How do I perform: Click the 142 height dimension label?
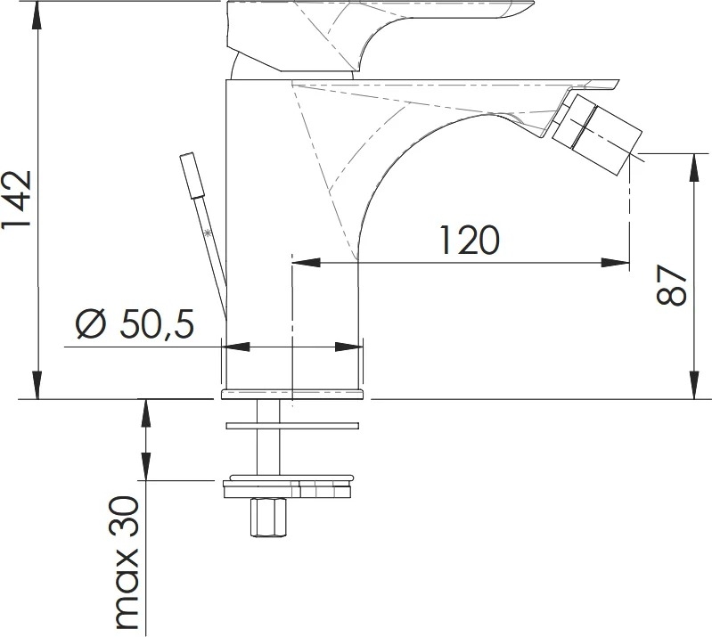(x=16, y=199)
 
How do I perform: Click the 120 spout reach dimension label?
(x=470, y=240)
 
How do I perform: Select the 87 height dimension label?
(x=671, y=285)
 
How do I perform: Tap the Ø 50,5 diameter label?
(x=135, y=323)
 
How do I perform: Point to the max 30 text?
(x=127, y=562)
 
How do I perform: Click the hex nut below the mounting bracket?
(x=268, y=517)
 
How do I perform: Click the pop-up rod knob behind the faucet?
(x=192, y=176)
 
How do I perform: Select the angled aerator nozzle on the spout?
(x=597, y=135)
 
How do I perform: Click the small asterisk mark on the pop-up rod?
(x=208, y=233)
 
